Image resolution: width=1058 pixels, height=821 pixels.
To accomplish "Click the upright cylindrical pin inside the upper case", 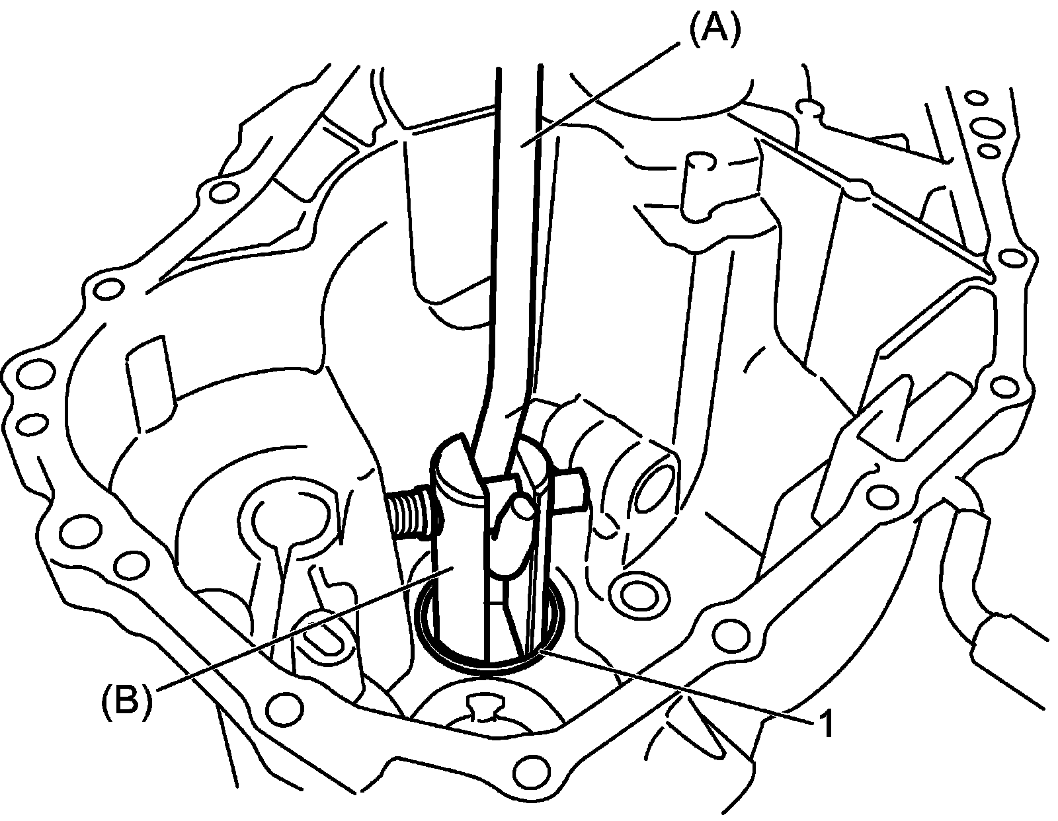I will (697, 185).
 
